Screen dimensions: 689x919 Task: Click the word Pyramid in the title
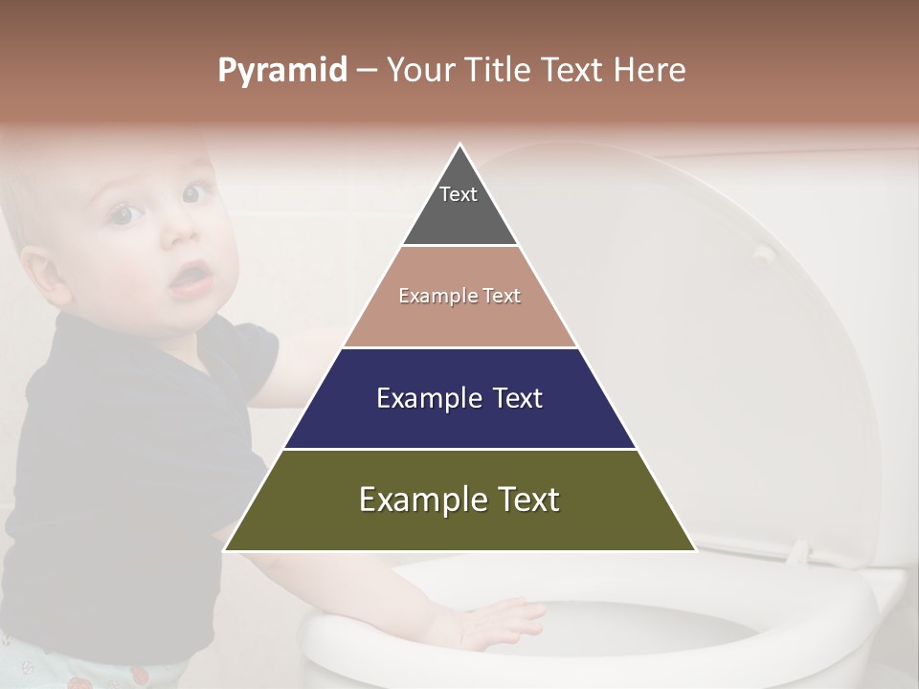click(282, 71)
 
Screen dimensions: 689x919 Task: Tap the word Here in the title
click(649, 71)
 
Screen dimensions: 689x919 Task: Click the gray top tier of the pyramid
click(459, 215)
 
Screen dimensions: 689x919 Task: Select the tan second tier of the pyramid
click(459, 321)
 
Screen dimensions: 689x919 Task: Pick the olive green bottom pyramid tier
click(459, 526)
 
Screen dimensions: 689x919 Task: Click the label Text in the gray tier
click(459, 194)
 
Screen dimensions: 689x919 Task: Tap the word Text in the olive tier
click(522, 500)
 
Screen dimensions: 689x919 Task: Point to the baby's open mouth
click(192, 278)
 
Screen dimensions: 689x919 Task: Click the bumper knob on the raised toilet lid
click(762, 253)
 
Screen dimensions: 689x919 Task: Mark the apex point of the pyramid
click(460, 144)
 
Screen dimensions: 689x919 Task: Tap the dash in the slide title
click(367, 71)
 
